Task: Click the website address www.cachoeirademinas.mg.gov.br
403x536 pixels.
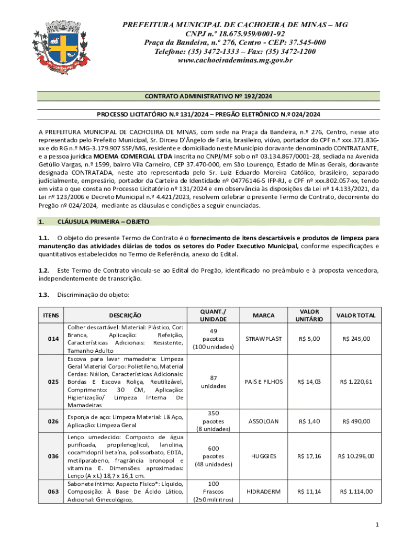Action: coord(235,61)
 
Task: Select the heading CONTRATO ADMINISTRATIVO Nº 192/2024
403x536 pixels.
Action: coord(209,97)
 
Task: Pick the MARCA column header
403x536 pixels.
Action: coord(264,315)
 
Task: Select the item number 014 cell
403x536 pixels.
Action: coord(53,339)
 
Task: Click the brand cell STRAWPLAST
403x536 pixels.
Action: coord(264,339)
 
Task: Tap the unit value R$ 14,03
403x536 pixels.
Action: coord(309,382)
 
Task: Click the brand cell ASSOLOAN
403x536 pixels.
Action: coord(264,421)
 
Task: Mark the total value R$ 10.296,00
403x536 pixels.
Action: coord(356,456)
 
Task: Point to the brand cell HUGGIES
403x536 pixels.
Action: coord(264,456)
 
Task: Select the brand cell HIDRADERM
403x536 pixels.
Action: coord(264,492)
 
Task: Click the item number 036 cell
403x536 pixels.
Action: coord(53,456)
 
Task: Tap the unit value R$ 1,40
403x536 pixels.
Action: coord(309,421)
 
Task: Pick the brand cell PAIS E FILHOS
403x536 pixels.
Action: coord(264,382)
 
